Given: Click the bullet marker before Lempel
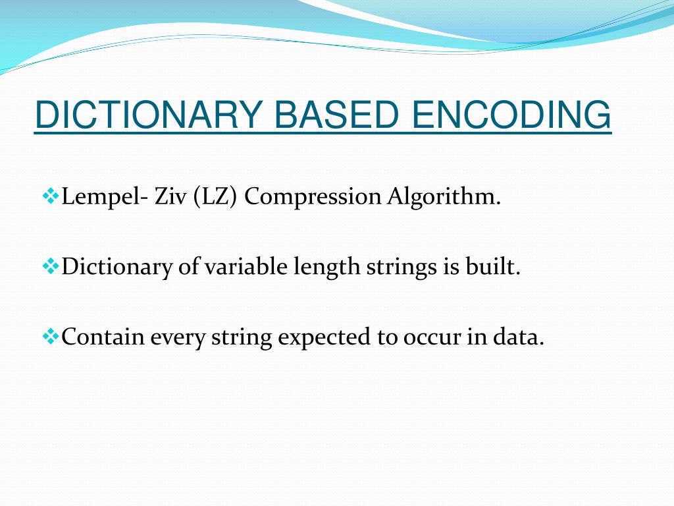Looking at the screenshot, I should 50,196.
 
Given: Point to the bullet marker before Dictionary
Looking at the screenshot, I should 50,266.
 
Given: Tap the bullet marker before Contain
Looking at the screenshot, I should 50,337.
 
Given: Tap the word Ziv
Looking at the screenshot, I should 170,196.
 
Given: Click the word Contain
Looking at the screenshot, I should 103,337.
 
